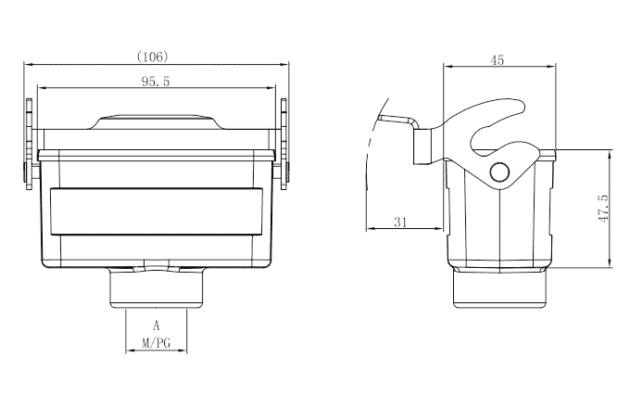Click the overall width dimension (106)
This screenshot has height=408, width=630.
152,57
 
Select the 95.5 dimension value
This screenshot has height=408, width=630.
156,82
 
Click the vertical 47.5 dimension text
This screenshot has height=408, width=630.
603,210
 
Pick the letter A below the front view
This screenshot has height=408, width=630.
157,326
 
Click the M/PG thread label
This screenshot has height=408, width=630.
157,343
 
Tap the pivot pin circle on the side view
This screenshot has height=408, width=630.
500,172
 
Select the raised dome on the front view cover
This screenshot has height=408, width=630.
156,123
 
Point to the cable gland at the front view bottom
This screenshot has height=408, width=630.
156,287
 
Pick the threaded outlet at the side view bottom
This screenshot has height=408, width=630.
500,289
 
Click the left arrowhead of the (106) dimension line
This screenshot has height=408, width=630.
28,65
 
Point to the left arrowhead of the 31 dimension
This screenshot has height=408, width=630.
370,228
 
